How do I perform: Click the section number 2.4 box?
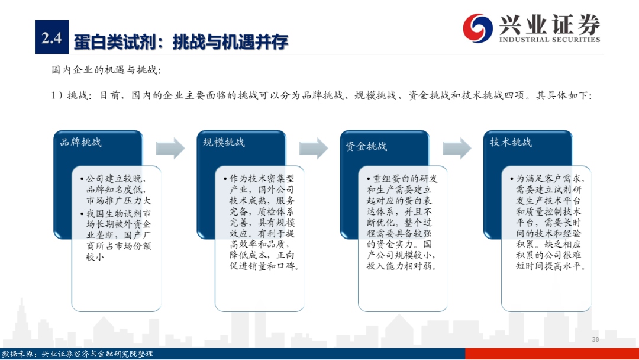(51, 37)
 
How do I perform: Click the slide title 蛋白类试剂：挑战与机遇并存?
(181, 42)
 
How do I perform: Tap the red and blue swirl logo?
(477, 28)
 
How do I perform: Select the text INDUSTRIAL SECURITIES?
(550, 40)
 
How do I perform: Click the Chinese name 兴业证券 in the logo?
(550, 24)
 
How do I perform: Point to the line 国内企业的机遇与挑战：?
(106, 70)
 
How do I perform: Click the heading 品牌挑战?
(80, 142)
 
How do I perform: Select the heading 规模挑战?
(224, 142)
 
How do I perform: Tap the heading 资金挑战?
(366, 146)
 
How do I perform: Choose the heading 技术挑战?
(511, 142)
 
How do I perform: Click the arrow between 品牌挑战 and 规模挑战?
(170, 148)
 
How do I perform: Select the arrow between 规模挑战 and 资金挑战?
(314, 148)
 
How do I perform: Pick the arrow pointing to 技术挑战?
(457, 148)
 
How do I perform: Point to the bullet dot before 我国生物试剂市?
(82, 214)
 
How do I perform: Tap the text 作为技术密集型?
(262, 179)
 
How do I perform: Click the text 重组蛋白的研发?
(405, 179)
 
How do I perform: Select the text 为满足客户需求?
(548, 179)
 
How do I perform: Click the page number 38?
(595, 339)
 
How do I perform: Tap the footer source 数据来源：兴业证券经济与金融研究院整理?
(78, 354)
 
